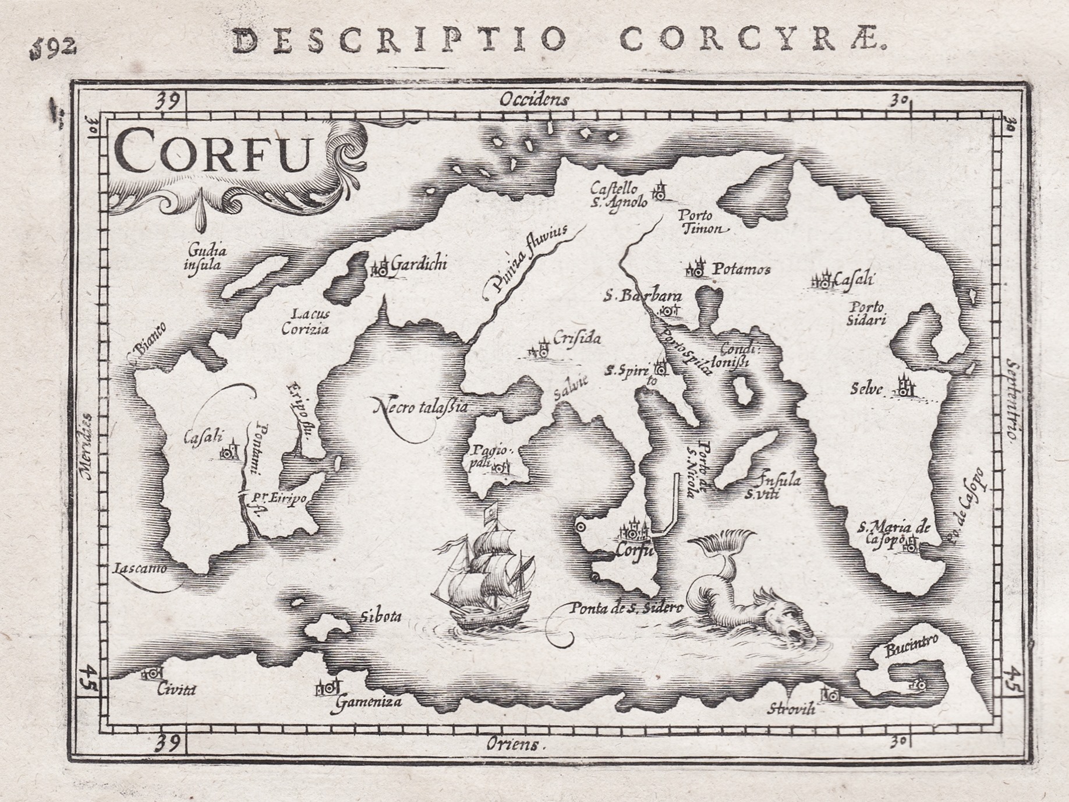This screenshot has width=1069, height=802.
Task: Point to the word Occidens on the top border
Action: coord(533,100)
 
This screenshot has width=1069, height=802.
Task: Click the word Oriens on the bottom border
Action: coord(515,744)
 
